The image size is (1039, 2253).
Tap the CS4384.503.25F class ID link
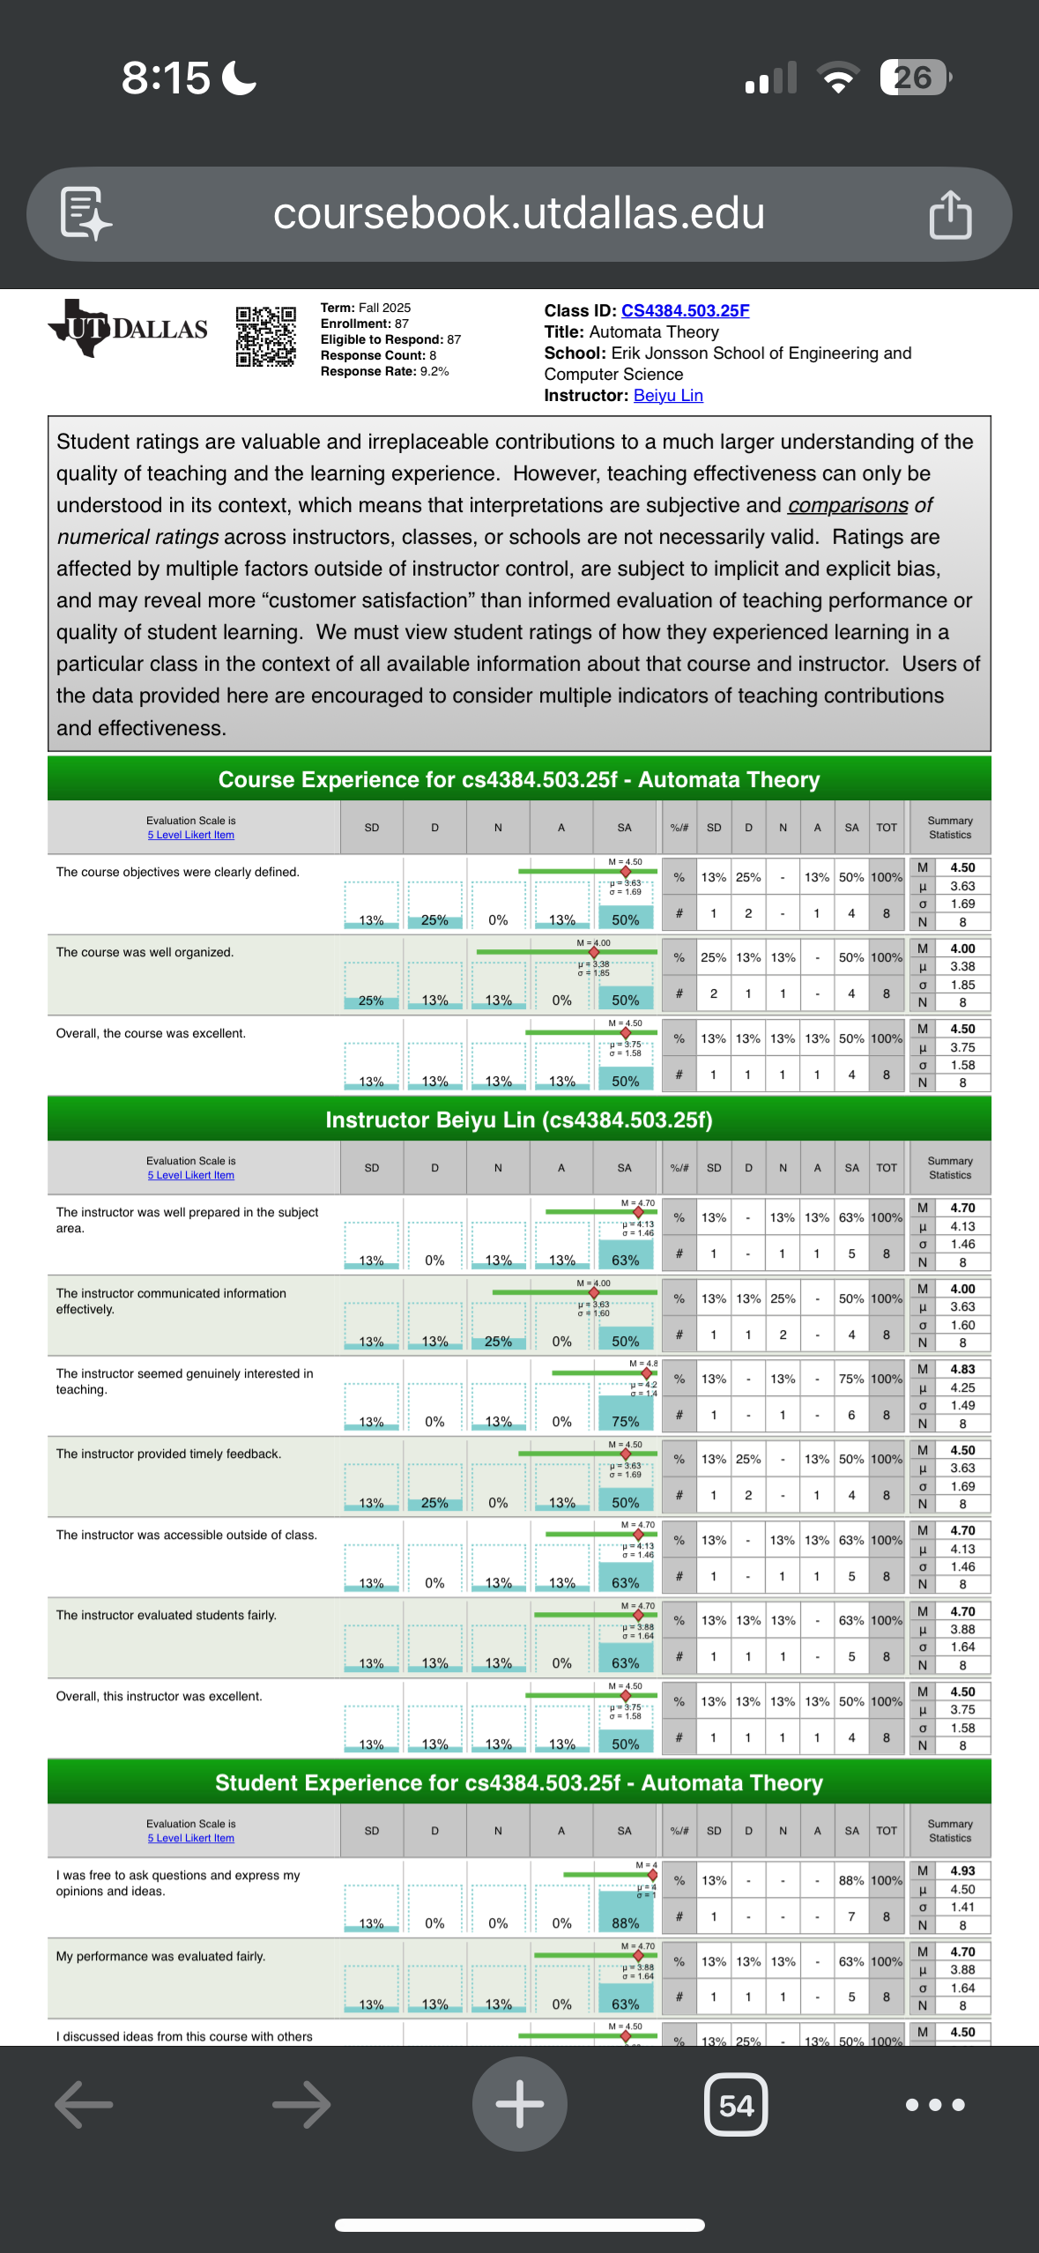(685, 310)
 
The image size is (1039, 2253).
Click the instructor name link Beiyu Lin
(668, 396)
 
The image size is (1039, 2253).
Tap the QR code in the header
(265, 336)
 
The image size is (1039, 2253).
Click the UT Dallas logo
(129, 329)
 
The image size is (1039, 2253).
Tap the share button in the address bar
(950, 214)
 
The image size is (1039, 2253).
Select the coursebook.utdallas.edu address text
(518, 214)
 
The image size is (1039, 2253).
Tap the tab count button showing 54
(736, 2105)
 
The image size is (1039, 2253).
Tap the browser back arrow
(84, 2105)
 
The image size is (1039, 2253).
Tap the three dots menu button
(935, 2105)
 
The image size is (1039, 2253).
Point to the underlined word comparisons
(848, 505)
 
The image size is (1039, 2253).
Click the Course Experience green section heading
(519, 779)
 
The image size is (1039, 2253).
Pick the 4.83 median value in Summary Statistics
(962, 1369)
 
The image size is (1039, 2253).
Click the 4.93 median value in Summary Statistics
(962, 1870)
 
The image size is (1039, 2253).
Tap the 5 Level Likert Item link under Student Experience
(191, 1838)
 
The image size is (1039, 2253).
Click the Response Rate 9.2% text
(385, 372)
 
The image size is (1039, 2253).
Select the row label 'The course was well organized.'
(145, 952)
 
